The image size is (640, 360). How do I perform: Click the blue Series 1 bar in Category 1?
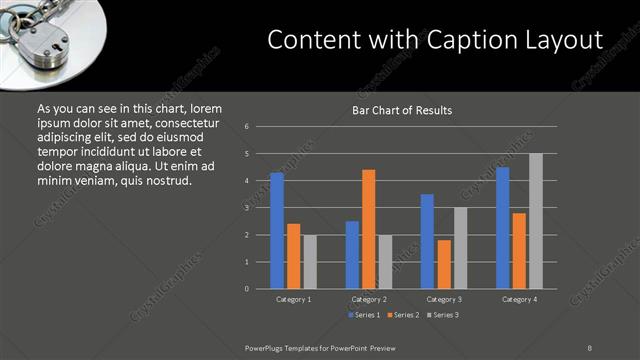coord(277,231)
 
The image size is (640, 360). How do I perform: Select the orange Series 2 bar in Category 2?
coord(368,229)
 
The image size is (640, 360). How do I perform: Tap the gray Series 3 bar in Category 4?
coord(535,221)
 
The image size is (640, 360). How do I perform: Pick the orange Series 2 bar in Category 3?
coord(444,264)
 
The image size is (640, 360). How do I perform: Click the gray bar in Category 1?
coord(310,262)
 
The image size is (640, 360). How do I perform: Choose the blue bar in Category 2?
coord(352,255)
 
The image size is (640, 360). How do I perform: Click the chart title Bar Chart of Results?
coord(402,110)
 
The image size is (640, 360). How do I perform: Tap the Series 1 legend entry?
coord(363,315)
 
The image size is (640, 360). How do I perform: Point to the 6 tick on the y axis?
coord(247,127)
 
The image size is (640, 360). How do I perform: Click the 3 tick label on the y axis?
coord(247,208)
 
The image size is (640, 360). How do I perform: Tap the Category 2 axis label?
coord(368,299)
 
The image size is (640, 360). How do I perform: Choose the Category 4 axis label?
coord(518,299)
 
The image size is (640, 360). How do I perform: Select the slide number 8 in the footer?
coord(590,347)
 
